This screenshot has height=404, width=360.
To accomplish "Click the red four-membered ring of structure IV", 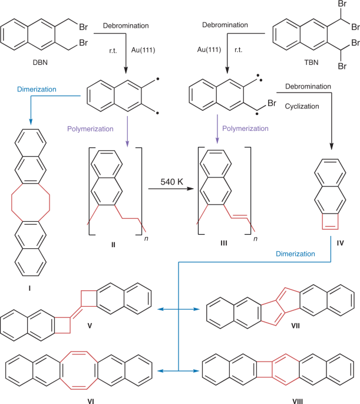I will point(331,221).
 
